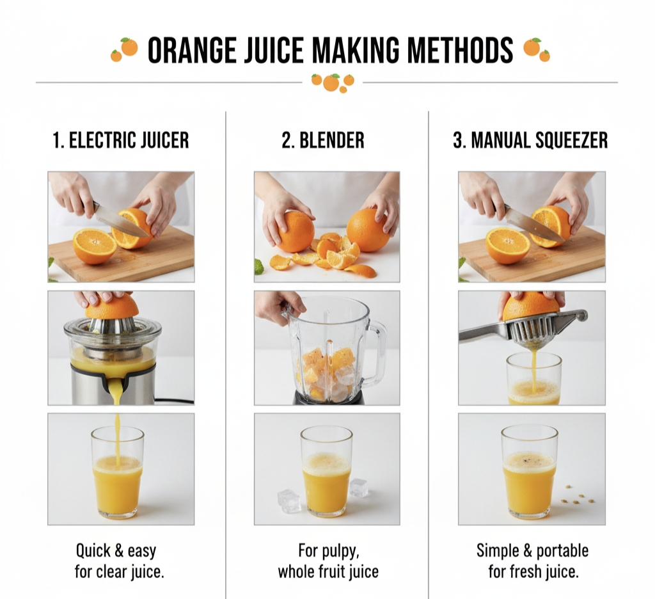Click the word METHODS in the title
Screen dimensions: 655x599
(460, 50)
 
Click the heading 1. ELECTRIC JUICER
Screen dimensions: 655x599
(121, 140)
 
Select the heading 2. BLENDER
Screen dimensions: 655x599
(323, 140)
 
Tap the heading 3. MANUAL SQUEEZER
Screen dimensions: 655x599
(530, 140)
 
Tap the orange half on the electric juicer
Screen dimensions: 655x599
(112, 306)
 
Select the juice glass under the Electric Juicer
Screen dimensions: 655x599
(118, 472)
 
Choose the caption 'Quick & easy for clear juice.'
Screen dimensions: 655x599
(120, 561)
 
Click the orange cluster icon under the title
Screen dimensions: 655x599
(333, 83)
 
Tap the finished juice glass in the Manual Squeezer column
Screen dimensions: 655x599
(529, 472)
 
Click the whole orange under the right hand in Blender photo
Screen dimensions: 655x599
(368, 230)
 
